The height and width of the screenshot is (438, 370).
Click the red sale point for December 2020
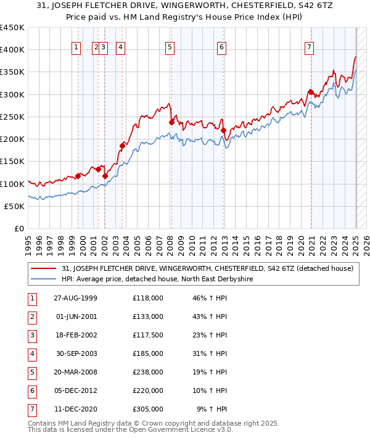pyautogui.click(x=311, y=93)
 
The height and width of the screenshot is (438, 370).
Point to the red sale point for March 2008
pyautogui.click(x=171, y=122)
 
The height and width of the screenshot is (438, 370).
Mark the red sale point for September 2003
pyautogui.click(x=122, y=146)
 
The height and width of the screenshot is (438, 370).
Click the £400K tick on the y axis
pyautogui.click(x=12, y=50)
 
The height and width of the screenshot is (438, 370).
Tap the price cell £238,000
pyautogui.click(x=148, y=372)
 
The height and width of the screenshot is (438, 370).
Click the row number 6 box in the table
pyautogui.click(x=30, y=390)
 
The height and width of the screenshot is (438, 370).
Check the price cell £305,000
pyautogui.click(x=148, y=409)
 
